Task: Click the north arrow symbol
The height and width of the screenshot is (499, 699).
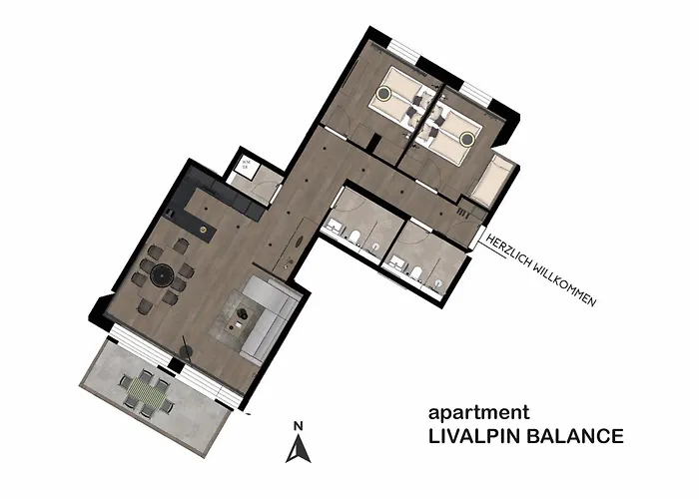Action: (298, 452)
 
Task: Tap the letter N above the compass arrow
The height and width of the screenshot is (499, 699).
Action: (298, 428)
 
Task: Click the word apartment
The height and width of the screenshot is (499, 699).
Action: (478, 412)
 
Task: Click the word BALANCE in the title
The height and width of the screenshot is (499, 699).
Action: (578, 436)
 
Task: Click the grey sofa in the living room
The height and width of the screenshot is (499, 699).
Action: (268, 317)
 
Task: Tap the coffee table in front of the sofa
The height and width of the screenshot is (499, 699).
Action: (241, 317)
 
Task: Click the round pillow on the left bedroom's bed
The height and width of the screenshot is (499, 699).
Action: (384, 97)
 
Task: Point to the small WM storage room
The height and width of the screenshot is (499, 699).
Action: (244, 167)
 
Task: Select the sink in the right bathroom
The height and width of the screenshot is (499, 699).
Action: (397, 260)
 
